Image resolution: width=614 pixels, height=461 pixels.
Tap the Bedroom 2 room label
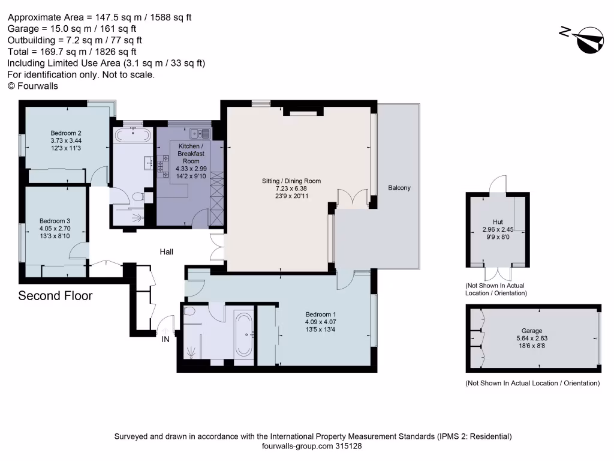(x=66, y=133)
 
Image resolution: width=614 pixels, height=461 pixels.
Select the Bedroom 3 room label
(x=55, y=220)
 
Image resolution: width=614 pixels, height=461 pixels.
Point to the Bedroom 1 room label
(x=321, y=315)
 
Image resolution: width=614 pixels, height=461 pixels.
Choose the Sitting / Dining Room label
(x=291, y=181)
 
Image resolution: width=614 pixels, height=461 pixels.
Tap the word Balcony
(x=399, y=188)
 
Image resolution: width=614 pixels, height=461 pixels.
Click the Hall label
(x=167, y=252)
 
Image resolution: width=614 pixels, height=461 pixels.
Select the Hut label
(x=498, y=221)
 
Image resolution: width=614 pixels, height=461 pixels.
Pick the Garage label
(x=531, y=331)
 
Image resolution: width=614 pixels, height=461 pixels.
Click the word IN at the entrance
(x=165, y=339)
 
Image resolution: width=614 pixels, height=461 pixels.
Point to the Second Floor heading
(x=55, y=296)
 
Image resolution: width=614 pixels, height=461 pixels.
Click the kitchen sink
(x=199, y=134)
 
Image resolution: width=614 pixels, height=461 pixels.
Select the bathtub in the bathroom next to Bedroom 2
(x=133, y=135)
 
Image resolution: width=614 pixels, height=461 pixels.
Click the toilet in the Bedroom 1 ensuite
(x=189, y=312)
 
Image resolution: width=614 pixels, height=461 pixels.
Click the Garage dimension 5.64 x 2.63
(x=531, y=339)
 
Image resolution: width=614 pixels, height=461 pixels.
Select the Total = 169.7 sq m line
(x=74, y=52)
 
